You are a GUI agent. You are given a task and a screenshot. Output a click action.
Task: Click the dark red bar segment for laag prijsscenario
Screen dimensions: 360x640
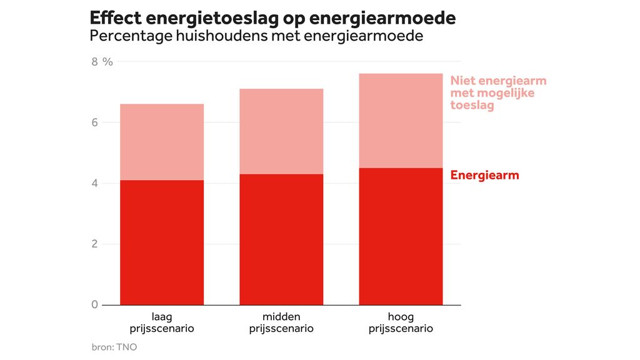[x=162, y=242]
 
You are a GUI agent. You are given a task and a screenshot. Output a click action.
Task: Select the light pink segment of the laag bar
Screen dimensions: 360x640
[x=162, y=142]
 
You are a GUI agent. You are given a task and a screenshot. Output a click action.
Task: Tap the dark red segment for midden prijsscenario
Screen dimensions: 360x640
[x=281, y=239]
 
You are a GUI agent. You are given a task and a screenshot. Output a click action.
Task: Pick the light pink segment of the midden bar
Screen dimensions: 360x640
[x=281, y=131]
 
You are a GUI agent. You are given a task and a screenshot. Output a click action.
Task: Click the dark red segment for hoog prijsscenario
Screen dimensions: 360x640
[x=401, y=236]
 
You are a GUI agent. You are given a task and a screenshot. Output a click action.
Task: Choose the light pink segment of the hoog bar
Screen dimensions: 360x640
[x=401, y=121]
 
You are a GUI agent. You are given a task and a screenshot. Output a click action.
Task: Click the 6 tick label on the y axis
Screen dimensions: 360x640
[x=95, y=122]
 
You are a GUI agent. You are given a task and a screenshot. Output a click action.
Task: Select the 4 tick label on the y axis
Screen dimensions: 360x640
[x=95, y=183]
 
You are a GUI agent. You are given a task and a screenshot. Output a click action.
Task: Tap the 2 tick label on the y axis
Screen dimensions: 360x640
[x=95, y=244]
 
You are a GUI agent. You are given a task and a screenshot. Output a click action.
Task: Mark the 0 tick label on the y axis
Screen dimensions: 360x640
[x=95, y=304]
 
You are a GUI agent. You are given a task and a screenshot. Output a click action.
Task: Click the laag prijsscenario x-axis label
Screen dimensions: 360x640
[x=162, y=322]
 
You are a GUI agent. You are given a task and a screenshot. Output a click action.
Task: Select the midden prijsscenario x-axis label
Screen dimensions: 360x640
[x=281, y=322]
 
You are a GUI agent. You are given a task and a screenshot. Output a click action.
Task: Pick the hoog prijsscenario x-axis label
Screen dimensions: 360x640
[x=401, y=322]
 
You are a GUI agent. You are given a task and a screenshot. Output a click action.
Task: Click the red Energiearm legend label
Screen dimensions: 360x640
[x=484, y=175]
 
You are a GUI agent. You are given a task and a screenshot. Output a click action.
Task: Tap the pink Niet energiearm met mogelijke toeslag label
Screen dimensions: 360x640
[x=498, y=93]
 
